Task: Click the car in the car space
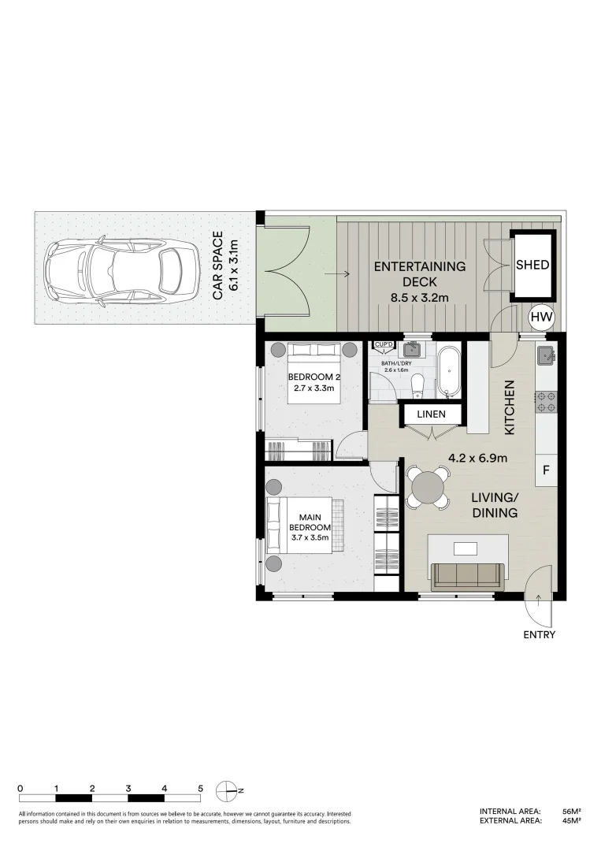122,270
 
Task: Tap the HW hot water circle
540,318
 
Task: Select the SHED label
532,266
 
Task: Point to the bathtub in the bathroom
449,370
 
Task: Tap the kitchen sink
547,357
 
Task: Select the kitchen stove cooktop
547,402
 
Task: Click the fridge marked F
547,471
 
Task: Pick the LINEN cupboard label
431,414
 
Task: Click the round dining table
428,487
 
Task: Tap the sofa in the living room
468,575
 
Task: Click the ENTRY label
539,635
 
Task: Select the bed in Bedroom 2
313,374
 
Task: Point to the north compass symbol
228,789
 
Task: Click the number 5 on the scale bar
201,788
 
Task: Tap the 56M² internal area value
571,811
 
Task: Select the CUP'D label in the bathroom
384,345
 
